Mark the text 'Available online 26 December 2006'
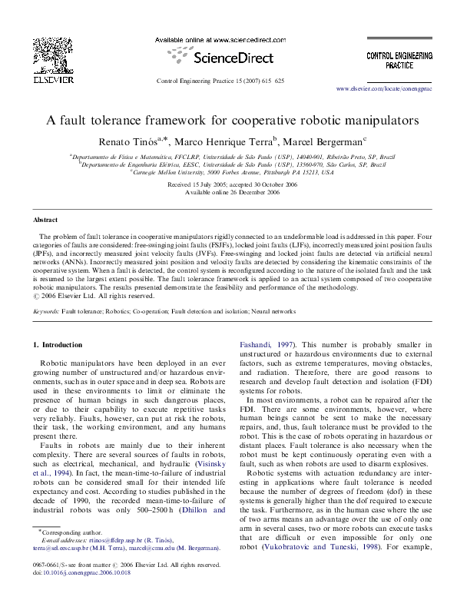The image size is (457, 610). tap(228, 193)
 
